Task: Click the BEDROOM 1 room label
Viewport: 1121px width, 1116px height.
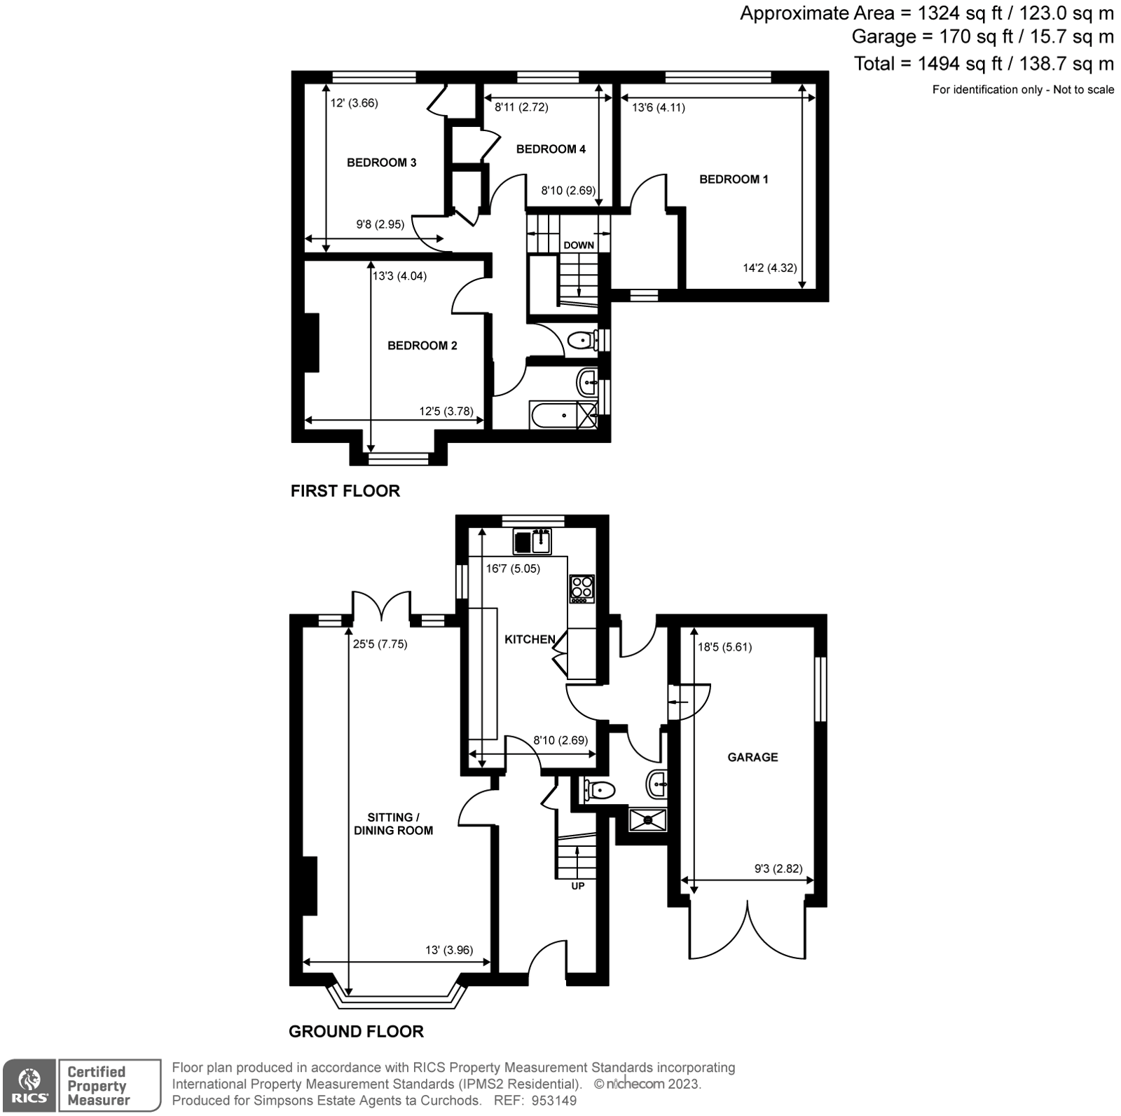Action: point(734,179)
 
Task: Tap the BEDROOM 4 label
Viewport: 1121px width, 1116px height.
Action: point(551,149)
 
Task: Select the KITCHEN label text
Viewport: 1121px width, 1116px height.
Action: point(530,639)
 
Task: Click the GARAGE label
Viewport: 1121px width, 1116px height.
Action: point(752,757)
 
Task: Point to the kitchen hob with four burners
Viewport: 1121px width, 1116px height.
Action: point(582,589)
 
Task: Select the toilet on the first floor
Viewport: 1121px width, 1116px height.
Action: point(582,341)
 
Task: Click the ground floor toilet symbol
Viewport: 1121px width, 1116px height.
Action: point(600,791)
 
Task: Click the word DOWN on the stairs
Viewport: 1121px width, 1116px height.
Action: point(579,245)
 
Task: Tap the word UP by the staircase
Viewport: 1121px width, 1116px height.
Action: point(578,886)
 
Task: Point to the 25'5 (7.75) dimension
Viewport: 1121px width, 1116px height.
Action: point(380,644)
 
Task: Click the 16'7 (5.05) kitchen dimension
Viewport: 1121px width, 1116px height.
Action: point(513,569)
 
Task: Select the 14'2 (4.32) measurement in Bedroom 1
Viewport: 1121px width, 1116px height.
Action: point(769,268)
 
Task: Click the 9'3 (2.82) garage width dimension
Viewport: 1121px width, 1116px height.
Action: point(778,869)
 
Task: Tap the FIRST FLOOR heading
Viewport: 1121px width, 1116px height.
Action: point(345,491)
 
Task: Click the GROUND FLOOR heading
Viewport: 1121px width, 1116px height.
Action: point(356,1031)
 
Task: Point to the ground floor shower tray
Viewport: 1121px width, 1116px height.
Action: point(648,819)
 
